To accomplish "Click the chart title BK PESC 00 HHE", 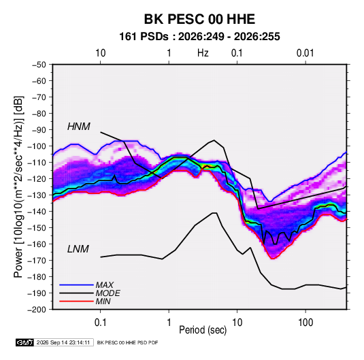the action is coord(199,19).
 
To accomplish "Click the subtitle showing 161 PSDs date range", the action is coord(199,37).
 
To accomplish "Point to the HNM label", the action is coord(79,127).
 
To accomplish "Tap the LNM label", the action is coord(78,249).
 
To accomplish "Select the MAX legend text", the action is coord(105,284).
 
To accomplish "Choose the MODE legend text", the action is coord(107,293).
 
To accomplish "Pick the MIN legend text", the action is coord(103,301).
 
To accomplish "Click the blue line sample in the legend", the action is coord(76,284).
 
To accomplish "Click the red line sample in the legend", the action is coord(76,301).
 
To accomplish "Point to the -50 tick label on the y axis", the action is coord(39,65).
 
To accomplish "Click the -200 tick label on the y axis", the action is coord(37,310).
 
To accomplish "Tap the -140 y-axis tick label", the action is coord(37,212).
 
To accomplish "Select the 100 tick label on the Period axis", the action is coord(305,323).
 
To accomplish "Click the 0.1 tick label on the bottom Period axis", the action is coord(100,323).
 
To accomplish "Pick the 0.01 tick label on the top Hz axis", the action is coord(305,53).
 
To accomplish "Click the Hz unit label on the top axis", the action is coord(203,53).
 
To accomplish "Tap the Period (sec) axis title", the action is coord(203,330).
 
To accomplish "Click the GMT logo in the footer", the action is coord(25,342).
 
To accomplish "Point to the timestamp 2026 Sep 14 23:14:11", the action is coord(63,342).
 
